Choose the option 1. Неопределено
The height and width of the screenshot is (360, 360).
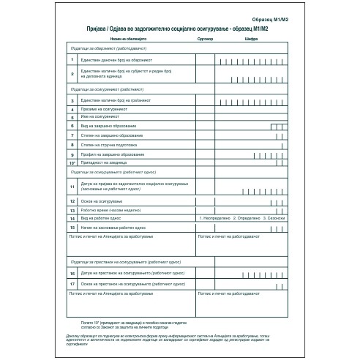[x=215, y=218]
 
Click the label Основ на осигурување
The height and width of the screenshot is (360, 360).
[x=102, y=200]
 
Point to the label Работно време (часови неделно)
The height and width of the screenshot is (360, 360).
[x=110, y=210]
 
